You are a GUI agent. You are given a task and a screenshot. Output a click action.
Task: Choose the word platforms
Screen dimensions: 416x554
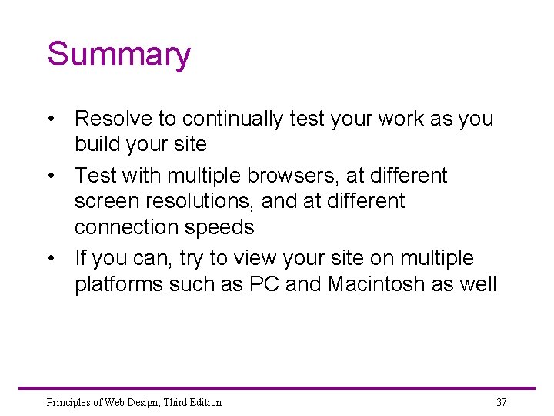[119, 285]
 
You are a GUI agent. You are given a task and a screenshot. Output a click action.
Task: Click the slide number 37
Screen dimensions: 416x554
[502, 402]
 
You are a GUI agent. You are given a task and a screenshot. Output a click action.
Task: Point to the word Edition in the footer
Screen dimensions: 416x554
[203, 402]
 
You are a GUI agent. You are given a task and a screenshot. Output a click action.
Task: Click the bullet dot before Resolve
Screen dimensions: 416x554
[50, 119]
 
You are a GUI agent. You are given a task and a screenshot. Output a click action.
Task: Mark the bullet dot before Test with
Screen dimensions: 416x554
[50, 176]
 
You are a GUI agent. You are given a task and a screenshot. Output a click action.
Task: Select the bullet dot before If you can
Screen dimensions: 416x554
[50, 259]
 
